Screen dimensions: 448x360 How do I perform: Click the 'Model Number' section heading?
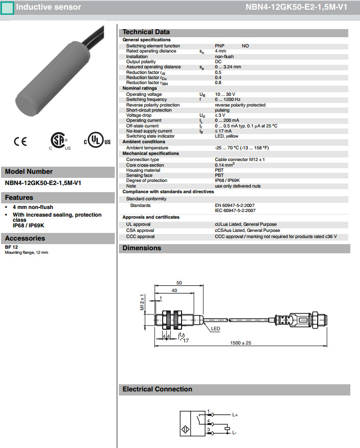pos(29,172)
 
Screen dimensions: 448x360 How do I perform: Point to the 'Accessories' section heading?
pos(25,238)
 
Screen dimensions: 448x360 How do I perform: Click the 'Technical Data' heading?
pos(146,32)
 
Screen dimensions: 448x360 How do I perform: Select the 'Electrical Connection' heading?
pos(158,389)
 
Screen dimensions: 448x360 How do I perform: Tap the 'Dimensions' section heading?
pos(142,248)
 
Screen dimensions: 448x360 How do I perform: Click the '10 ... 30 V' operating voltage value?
pos(225,94)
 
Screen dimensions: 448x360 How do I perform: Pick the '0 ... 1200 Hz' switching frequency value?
pos(228,99)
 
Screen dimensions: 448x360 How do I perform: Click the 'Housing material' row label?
pos(143,170)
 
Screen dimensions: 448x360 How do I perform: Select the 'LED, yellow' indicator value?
pos(227,136)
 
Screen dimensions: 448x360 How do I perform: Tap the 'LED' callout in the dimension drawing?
pos(216,329)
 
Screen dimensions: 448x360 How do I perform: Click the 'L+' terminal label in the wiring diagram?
pos(235,415)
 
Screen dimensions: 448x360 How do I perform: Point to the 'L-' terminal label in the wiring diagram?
pos(234,433)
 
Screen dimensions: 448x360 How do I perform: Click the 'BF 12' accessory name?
pos(11,247)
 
